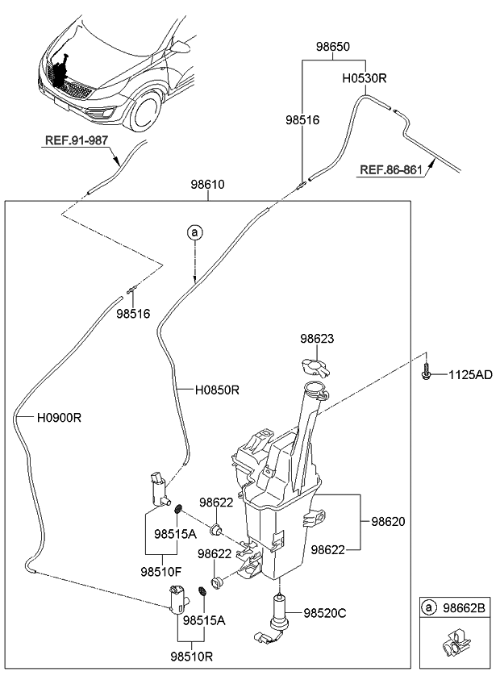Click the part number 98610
click(x=207, y=185)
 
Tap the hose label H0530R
click(x=365, y=80)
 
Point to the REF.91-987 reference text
click(x=76, y=140)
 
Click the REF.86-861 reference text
click(x=391, y=170)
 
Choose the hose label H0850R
click(x=217, y=390)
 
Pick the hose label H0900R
click(x=60, y=418)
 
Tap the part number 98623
click(x=317, y=340)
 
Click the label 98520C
click(x=323, y=613)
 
